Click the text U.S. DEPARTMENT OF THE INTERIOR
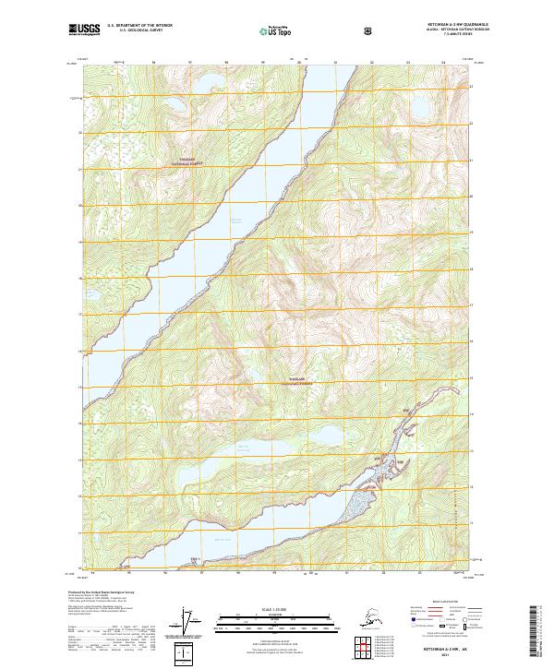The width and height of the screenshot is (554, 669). point(140,26)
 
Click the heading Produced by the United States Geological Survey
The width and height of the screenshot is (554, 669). point(100,591)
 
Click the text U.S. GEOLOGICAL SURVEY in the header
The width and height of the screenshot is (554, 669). point(135,31)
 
